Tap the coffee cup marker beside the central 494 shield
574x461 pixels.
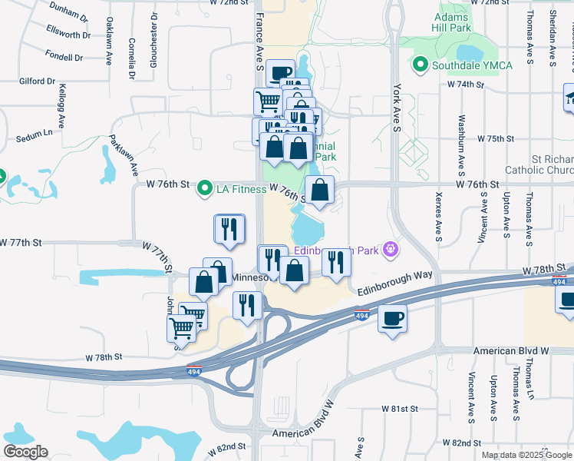(x=392, y=318)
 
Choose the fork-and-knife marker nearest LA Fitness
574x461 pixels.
(x=229, y=228)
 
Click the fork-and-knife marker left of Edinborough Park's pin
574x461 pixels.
(x=335, y=263)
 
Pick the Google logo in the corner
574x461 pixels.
(x=25, y=452)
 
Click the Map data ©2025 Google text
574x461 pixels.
(x=526, y=455)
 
